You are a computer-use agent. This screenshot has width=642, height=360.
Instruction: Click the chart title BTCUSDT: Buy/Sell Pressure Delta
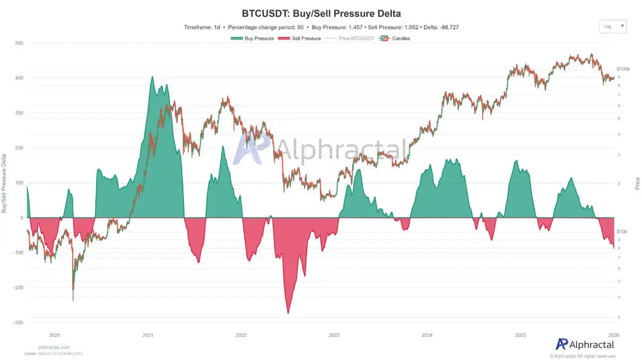(x=320, y=13)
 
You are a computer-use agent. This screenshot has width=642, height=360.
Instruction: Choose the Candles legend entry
(x=395, y=39)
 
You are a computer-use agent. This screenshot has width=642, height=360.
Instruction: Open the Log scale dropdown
(x=613, y=26)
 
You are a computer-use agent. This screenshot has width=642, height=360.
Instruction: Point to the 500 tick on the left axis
(x=19, y=43)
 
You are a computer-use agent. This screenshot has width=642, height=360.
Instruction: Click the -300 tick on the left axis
(x=18, y=323)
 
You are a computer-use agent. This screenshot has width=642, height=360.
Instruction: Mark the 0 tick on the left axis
(x=22, y=218)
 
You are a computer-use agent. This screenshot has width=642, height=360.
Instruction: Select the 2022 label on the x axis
(x=241, y=335)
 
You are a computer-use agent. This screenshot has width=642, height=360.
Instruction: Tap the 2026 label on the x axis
(x=613, y=335)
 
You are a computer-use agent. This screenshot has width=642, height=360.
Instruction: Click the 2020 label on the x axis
(x=55, y=335)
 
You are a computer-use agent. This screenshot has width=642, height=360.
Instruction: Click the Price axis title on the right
(x=637, y=184)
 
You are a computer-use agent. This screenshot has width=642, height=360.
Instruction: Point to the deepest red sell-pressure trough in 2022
(x=288, y=313)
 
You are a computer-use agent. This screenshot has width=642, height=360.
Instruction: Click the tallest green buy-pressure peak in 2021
(x=152, y=77)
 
